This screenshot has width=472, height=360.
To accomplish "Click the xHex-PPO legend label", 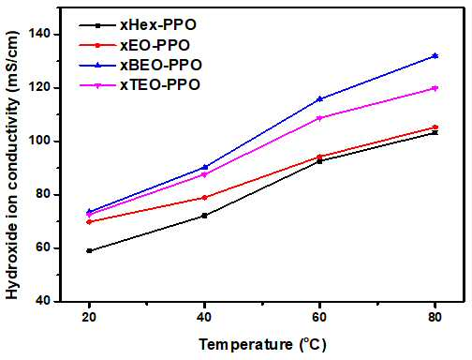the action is [158, 25].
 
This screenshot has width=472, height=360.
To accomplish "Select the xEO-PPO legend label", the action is [155, 45].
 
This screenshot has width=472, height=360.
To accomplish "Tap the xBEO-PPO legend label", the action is [161, 65].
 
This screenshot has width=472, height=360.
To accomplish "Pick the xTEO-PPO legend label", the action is [160, 84].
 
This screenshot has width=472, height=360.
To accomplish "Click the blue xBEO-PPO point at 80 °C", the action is [435, 56].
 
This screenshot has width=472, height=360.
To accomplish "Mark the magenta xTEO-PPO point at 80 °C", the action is [435, 88].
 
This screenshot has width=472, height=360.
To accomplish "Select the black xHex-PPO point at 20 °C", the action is [89, 250].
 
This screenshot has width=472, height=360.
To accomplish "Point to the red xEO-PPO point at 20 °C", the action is [89, 222].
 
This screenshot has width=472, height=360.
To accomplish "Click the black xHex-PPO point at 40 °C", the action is [204, 216].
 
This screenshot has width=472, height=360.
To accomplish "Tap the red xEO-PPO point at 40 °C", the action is [204, 198].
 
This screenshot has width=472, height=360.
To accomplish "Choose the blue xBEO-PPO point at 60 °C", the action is [319, 99].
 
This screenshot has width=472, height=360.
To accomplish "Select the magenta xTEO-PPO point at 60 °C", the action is [319, 118].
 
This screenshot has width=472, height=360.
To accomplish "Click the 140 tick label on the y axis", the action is [40, 35].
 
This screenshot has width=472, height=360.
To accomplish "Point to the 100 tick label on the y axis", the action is [40, 142].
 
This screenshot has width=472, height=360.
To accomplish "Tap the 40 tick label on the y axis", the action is [44, 301].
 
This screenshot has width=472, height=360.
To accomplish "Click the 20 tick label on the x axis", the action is [89, 317].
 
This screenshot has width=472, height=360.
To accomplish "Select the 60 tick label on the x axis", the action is [319, 317].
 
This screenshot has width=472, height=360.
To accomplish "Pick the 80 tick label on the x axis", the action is [435, 317].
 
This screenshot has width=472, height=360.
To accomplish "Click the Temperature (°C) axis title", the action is [263, 345].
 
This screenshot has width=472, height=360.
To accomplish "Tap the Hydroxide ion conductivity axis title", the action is [12, 165].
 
